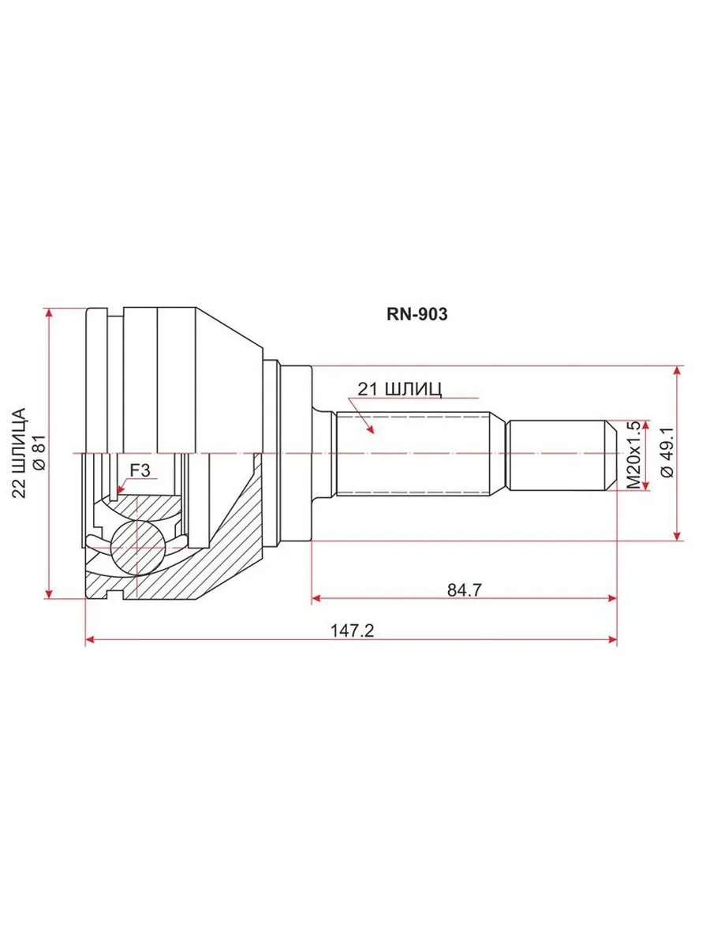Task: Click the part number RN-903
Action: coord(417,314)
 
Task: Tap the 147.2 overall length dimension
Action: coord(352,631)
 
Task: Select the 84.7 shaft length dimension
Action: coord(464,590)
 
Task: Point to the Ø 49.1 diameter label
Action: coord(667,452)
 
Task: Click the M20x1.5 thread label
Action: coord(633,455)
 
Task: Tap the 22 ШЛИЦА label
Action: coord(19,452)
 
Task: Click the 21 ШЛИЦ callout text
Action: coord(400,389)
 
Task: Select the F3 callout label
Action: coord(140,470)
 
